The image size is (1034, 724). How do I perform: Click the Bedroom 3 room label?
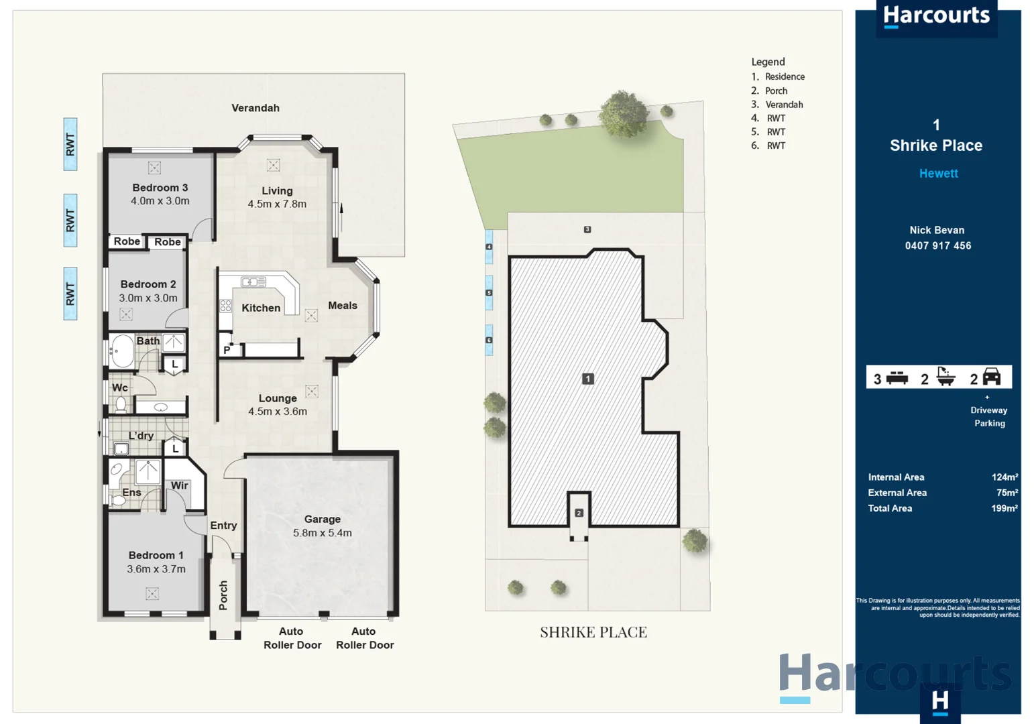pyautogui.click(x=160, y=188)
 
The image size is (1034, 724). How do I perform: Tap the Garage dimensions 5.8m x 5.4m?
pyautogui.click(x=322, y=533)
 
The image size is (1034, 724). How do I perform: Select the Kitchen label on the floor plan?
pyautogui.click(x=261, y=308)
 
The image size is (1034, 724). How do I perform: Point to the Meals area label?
pyautogui.click(x=342, y=306)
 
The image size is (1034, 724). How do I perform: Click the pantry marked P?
pyautogui.click(x=227, y=350)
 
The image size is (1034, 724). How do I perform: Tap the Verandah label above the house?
pyautogui.click(x=255, y=108)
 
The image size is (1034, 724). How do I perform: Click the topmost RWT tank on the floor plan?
pyautogui.click(x=70, y=144)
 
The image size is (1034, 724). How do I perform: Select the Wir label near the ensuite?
pyautogui.click(x=179, y=485)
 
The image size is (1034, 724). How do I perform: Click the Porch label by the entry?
pyautogui.click(x=223, y=595)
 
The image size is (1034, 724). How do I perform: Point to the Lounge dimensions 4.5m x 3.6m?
pyautogui.click(x=278, y=412)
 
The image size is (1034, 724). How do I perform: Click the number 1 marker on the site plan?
pyautogui.click(x=587, y=379)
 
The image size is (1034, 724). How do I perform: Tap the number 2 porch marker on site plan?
pyautogui.click(x=579, y=513)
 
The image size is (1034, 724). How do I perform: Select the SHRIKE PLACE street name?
pyautogui.click(x=593, y=632)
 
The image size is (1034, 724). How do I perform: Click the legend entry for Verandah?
pyautogui.click(x=783, y=105)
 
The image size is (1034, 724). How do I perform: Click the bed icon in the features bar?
pyautogui.click(x=897, y=379)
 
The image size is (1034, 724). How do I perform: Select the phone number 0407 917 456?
pyautogui.click(x=937, y=246)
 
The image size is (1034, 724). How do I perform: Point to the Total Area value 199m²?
pyautogui.click(x=1004, y=508)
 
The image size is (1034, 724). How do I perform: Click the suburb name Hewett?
pyautogui.click(x=938, y=174)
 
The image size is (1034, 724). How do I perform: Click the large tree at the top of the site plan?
pyautogui.click(x=624, y=114)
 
